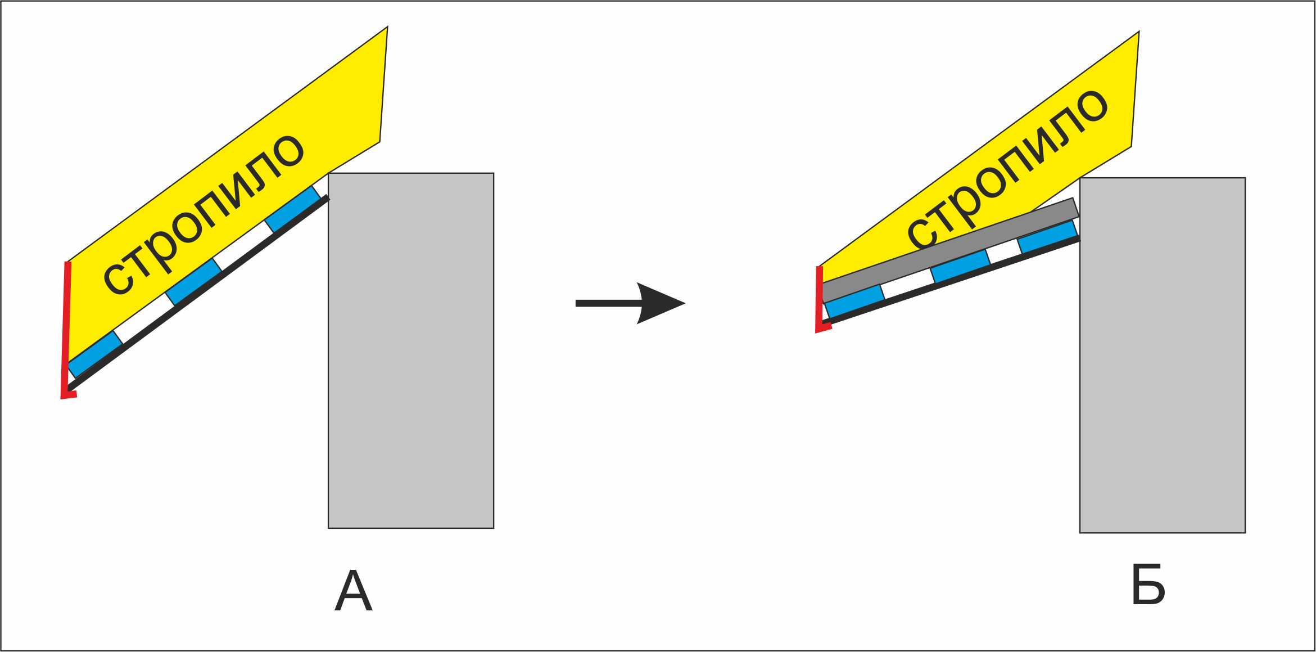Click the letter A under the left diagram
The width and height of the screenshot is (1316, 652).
tap(354, 591)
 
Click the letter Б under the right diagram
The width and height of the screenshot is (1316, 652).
tap(1147, 585)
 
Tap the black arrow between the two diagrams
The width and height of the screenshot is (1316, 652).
tap(630, 303)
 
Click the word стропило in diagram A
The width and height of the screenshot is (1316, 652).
tap(203, 215)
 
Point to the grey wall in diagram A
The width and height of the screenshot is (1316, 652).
tap(411, 350)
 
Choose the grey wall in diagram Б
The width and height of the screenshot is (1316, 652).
tap(1163, 356)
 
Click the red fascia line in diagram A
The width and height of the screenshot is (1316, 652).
tap(66, 331)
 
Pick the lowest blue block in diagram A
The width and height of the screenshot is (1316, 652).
tap(95, 354)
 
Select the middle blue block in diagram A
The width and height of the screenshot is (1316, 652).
tap(194, 281)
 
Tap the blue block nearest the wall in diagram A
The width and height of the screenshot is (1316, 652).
tap(293, 209)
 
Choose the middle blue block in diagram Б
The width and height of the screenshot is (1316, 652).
tap(961, 266)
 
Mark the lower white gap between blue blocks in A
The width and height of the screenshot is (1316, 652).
tap(144, 318)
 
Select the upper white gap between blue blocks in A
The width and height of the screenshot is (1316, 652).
tap(243, 246)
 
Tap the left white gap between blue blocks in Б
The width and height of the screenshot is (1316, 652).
tap(908, 284)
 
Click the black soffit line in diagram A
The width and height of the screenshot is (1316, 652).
tap(198, 293)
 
